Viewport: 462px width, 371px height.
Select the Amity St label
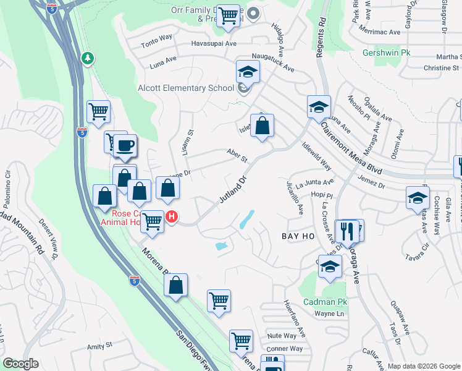click(99, 345)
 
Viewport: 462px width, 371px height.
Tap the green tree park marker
click(87, 58)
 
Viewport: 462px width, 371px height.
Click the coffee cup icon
click(126, 147)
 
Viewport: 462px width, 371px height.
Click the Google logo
click(21, 364)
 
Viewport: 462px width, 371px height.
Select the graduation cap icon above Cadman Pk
click(330, 267)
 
